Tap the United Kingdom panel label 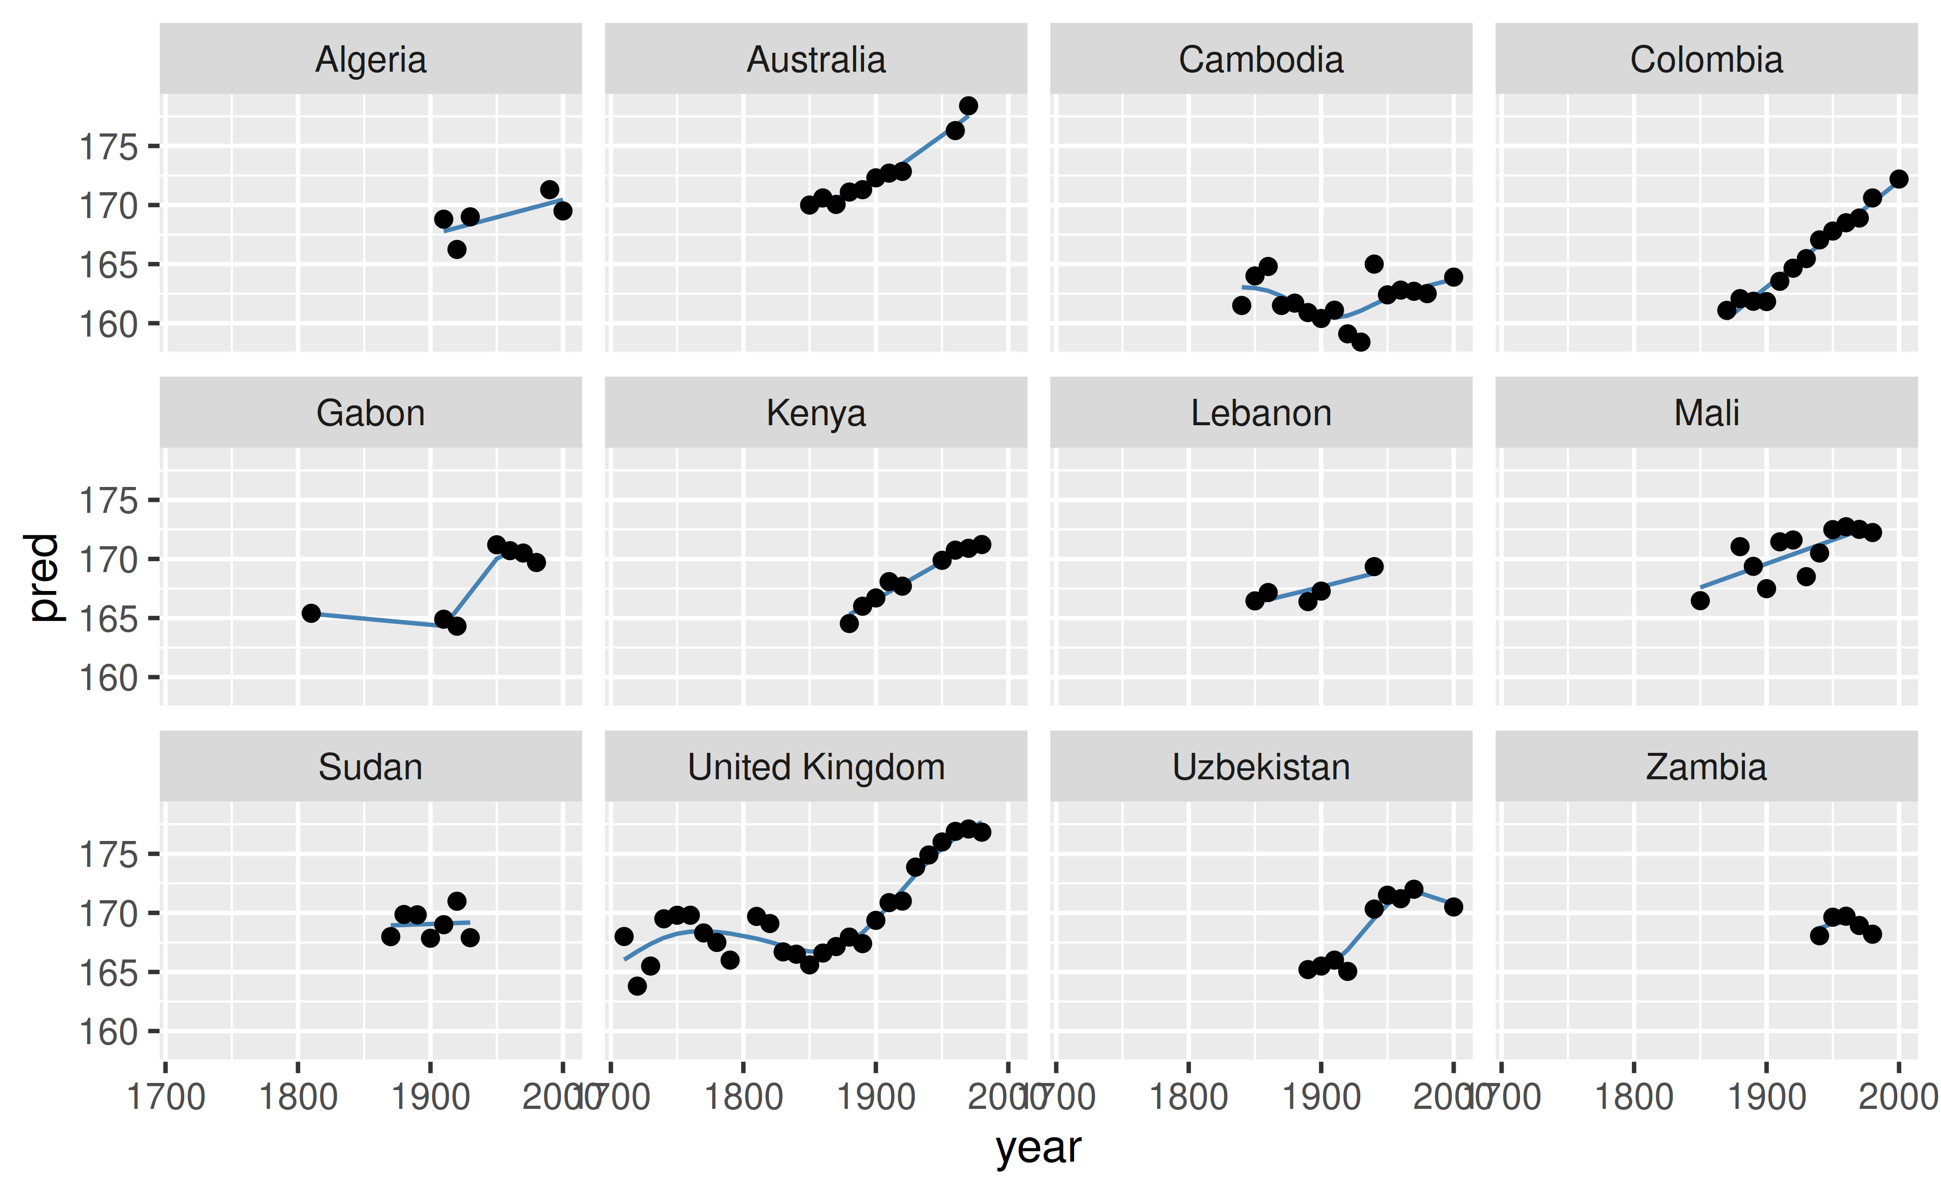[x=816, y=767]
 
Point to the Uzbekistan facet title [x=1261, y=767]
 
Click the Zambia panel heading [x=1707, y=767]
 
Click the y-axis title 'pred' [x=43, y=578]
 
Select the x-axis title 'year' [x=1038, y=1148]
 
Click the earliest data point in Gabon [x=311, y=613]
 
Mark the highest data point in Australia [x=968, y=106]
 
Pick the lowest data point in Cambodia [x=1360, y=342]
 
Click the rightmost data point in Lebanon [x=1374, y=567]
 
